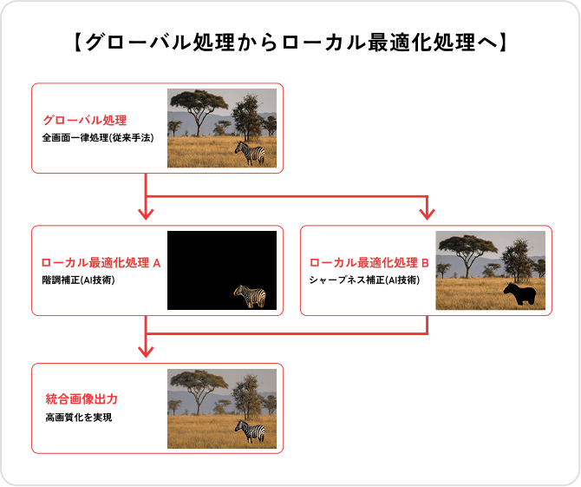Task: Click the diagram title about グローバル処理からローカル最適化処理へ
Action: pyautogui.click(x=290, y=42)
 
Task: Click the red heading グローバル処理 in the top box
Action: pyautogui.click(x=85, y=120)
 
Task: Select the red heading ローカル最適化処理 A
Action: pyautogui.click(x=101, y=263)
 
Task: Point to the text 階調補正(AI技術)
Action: pyautogui.click(x=79, y=281)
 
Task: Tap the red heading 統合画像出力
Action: pyautogui.click(x=82, y=399)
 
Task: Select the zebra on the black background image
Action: pyautogui.click(x=251, y=296)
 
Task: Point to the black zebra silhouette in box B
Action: pyautogui.click(x=520, y=295)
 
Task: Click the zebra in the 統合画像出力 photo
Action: pyautogui.click(x=251, y=431)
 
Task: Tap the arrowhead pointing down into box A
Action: pyautogui.click(x=146, y=214)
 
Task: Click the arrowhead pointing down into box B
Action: pyautogui.click(x=426, y=214)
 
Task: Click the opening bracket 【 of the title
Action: pyautogui.click(x=76, y=42)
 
